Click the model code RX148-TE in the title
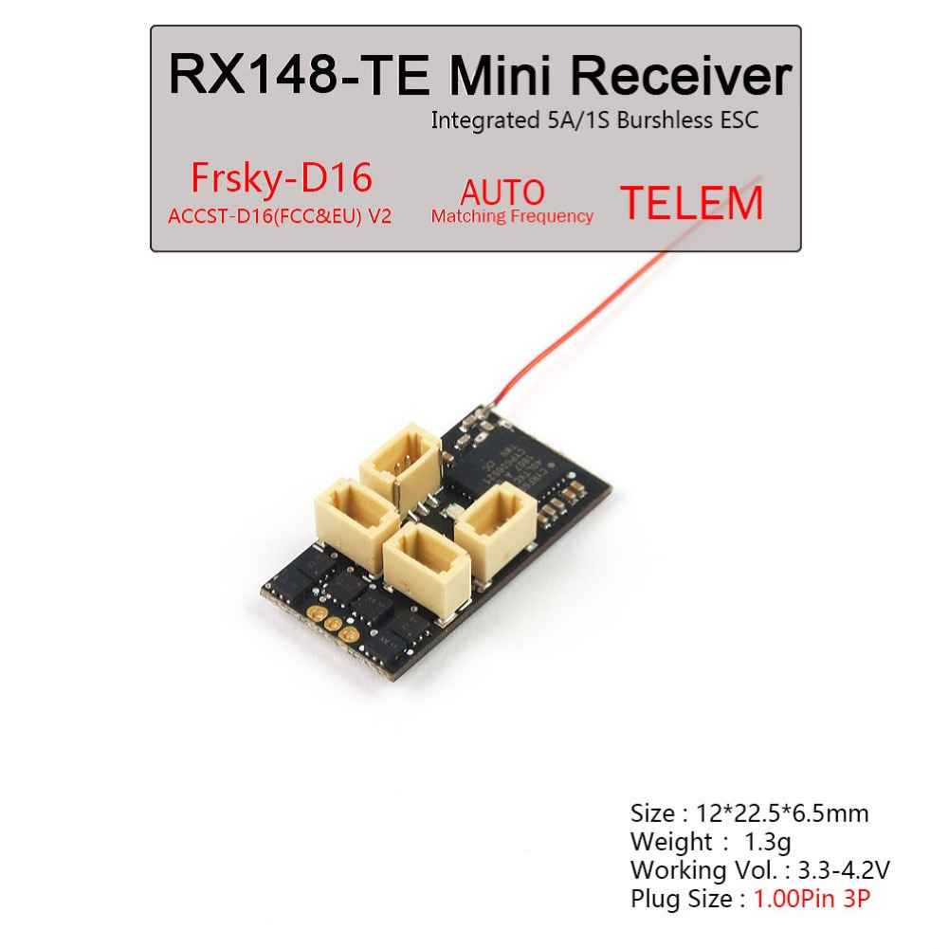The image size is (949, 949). click(300, 75)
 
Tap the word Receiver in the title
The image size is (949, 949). click(681, 75)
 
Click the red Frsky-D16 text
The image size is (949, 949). click(282, 177)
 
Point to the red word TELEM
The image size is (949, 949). click(692, 203)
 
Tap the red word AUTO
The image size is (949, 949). click(502, 192)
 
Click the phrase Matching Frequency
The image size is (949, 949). click(512, 216)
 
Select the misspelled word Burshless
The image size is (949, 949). click(666, 119)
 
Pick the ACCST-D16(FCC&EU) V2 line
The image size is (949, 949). click(280, 216)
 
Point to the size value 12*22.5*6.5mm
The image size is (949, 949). click(782, 812)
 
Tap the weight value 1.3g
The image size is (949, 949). click(767, 841)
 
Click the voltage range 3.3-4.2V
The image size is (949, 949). click(844, 869)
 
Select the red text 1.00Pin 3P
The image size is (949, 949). click(812, 898)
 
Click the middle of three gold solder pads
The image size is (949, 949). click(332, 624)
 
